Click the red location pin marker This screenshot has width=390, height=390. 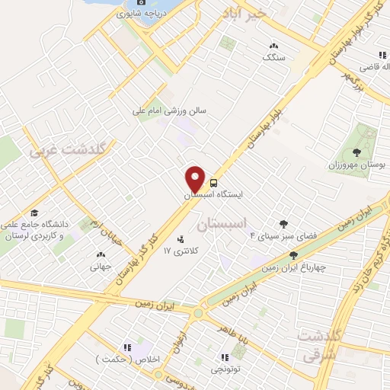pos(195,178)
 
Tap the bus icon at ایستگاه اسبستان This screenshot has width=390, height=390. pos(213,183)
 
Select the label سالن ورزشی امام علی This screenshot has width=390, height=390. pos(171,110)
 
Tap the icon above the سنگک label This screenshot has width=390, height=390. pos(273,45)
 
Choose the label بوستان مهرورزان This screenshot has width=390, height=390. pos(356,165)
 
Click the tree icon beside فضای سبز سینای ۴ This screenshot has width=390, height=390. pos(283,224)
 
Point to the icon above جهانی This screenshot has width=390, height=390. pos(101,254)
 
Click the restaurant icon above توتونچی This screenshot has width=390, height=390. pos(225,356)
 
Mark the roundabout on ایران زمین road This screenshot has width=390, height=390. pos(200,312)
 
